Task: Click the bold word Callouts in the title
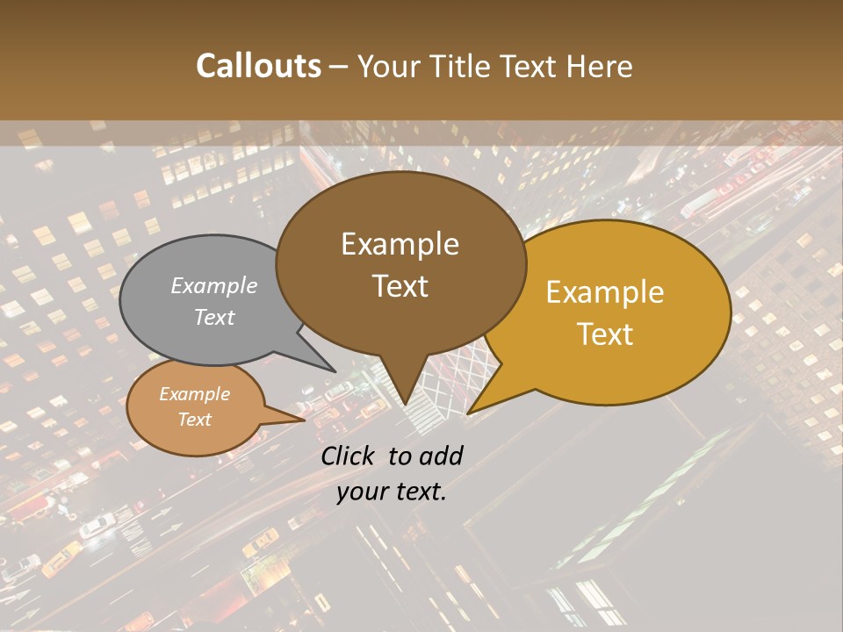(x=258, y=66)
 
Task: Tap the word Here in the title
(x=601, y=66)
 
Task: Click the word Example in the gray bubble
(x=213, y=286)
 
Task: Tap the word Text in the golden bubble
(x=606, y=334)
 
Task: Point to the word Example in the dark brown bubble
(x=400, y=244)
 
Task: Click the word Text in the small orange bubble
(x=194, y=420)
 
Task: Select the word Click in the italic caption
(x=349, y=456)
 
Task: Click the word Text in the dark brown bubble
(x=400, y=286)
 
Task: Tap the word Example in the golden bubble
(x=605, y=292)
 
